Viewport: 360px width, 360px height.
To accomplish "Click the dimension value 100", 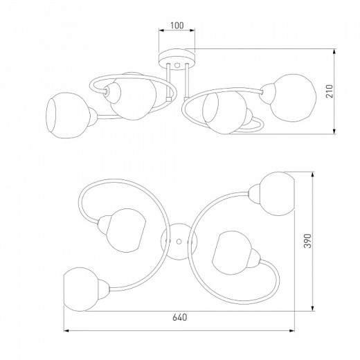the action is (x=177, y=26).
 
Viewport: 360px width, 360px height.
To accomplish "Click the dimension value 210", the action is (x=330, y=91).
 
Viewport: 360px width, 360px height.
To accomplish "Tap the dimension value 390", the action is (x=307, y=241).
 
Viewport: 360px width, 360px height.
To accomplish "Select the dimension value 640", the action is (x=180, y=317).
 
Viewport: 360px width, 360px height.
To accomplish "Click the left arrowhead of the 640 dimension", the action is (x=66, y=331).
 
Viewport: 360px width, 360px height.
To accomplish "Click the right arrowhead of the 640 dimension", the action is (x=292, y=331).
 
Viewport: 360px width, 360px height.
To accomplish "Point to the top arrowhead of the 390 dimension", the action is (x=313, y=174).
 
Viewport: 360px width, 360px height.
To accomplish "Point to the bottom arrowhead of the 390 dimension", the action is (x=313, y=308).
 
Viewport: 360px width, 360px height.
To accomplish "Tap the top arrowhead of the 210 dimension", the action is (x=334, y=52).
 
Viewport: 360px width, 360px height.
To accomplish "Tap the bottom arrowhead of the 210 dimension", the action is (x=334, y=131).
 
